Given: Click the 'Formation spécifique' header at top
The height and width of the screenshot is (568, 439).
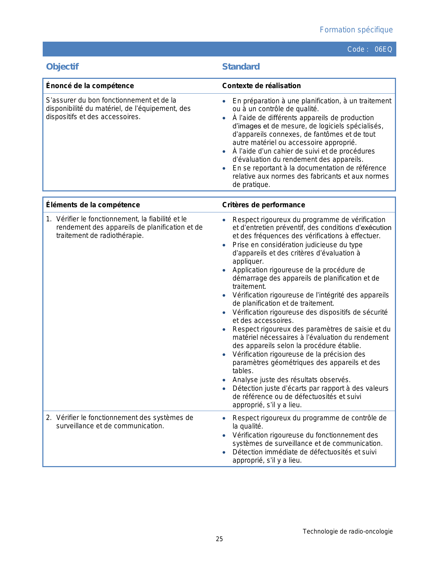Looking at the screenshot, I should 356,30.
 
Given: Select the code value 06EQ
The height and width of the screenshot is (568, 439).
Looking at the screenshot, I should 383,49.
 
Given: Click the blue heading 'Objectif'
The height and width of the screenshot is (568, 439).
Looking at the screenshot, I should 62,67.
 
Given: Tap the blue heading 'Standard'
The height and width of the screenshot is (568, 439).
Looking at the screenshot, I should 241,67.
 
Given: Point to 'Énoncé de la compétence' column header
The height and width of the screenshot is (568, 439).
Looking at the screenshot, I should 90,86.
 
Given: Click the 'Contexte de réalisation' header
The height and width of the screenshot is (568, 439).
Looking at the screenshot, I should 261,86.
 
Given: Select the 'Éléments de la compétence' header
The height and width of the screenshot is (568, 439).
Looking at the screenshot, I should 93,205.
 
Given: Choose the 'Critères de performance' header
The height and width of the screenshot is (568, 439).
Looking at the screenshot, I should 263,205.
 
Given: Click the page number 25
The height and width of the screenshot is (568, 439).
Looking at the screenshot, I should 219,539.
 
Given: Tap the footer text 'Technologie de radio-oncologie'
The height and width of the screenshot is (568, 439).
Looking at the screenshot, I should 347,532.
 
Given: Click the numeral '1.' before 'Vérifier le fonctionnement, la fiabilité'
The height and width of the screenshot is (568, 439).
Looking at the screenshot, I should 49,219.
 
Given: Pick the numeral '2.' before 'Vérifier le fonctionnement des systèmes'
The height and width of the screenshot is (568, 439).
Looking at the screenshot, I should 49,418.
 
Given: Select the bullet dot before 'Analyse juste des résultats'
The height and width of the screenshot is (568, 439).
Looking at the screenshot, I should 224,380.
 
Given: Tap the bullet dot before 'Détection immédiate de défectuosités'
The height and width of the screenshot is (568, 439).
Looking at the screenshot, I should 224,453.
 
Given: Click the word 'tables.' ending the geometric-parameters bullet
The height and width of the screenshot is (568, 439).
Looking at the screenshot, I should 243,371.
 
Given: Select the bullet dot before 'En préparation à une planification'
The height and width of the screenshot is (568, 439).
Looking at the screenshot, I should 224,102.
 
